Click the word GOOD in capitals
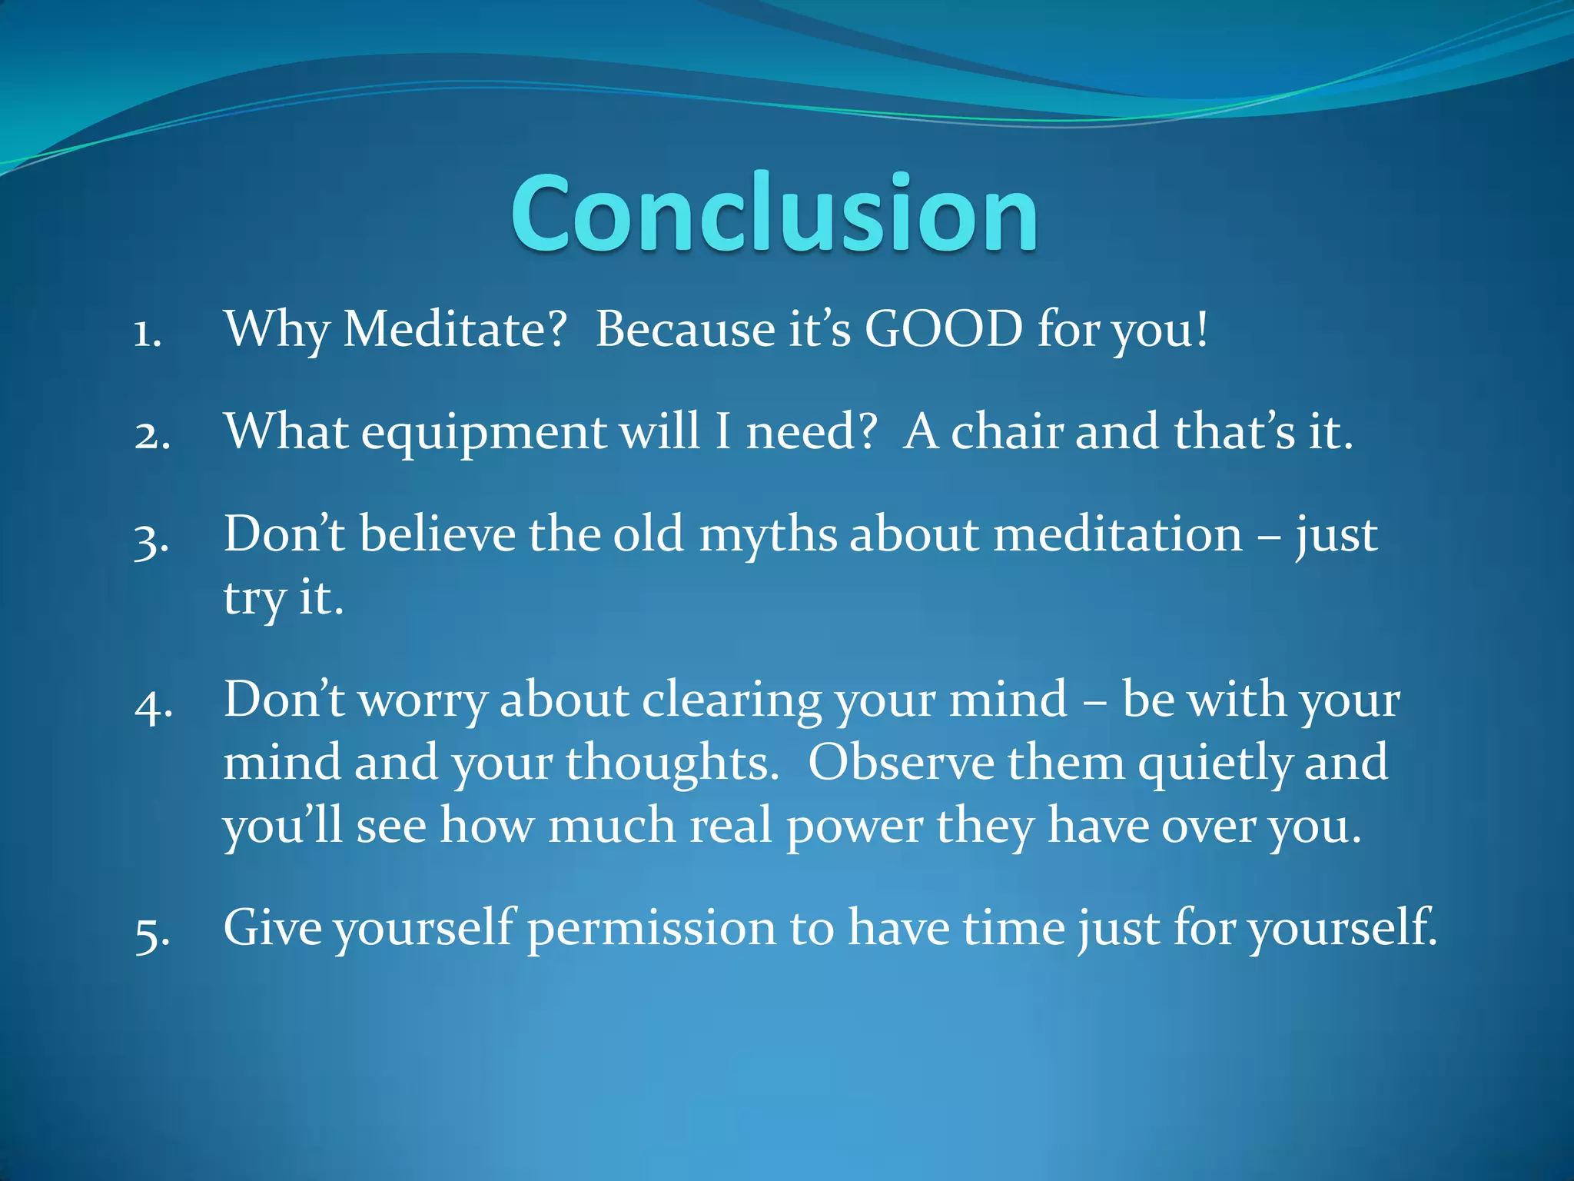click(944, 329)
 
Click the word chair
click(1007, 432)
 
